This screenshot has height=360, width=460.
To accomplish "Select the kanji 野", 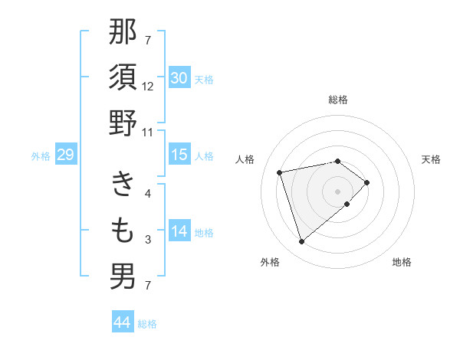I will click(123, 124).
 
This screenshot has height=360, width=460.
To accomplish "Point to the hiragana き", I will click(123, 184).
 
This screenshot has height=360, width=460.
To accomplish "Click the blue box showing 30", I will click(179, 77).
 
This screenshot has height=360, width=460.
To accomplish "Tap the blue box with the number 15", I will click(179, 155).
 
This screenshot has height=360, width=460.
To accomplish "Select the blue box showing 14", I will click(179, 231).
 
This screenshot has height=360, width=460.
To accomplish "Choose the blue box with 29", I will click(66, 155).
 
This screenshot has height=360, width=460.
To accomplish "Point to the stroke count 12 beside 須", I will click(148, 86).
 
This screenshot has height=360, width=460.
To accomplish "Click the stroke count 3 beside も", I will click(148, 240).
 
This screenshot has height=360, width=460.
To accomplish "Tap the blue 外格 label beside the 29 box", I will click(41, 156).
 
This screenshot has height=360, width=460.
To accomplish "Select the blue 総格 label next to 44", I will click(147, 324).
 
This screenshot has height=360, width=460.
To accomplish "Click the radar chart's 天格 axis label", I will click(431, 159).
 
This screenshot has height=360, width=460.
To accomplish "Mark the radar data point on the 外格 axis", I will click(301, 242).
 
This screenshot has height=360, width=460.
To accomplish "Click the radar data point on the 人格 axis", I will click(280, 172).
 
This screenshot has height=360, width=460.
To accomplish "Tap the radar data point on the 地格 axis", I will click(347, 204).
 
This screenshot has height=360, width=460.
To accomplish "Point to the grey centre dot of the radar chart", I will click(337, 190).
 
